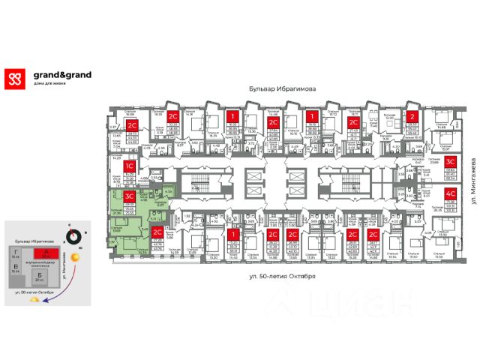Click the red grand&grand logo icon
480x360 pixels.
[15, 79]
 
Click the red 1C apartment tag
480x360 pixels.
[129, 165]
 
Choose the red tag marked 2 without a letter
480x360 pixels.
[412, 116]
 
